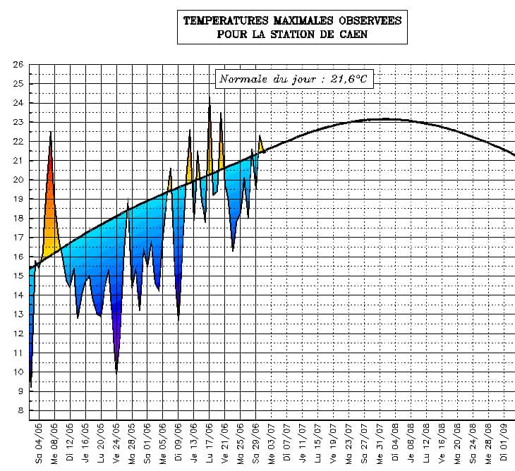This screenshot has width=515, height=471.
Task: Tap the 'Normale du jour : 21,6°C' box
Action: click(x=293, y=79)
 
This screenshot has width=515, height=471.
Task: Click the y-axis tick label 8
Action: click(x=20, y=410)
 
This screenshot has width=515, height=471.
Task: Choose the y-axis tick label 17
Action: click(x=18, y=238)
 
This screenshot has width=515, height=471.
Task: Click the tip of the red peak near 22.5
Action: click(x=50, y=133)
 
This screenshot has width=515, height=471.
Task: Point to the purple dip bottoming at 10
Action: click(x=116, y=371)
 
